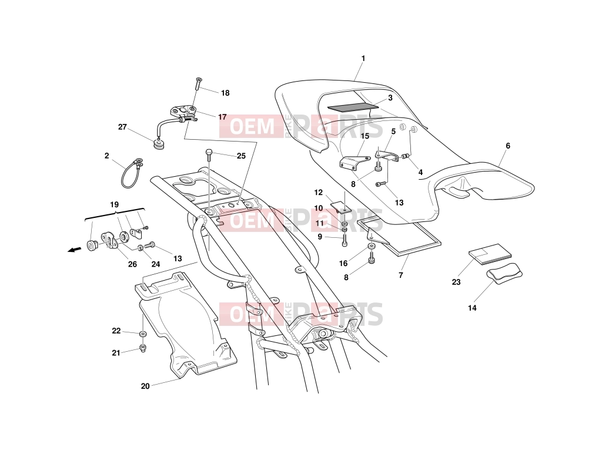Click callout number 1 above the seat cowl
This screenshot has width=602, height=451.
point(363,59)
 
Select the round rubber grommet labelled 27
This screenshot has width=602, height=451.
point(159,144)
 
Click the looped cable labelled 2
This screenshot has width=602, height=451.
point(131,174)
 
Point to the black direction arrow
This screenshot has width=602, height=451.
point(75,250)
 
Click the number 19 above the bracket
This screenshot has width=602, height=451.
point(115,205)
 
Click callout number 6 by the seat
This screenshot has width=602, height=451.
point(508,146)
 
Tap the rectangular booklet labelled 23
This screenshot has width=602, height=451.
point(490,254)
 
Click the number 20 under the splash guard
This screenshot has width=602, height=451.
point(145,386)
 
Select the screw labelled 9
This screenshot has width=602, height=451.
point(345,240)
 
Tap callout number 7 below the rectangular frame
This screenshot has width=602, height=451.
point(401,275)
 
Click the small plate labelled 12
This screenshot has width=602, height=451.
point(340,207)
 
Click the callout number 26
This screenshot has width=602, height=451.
point(132,264)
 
